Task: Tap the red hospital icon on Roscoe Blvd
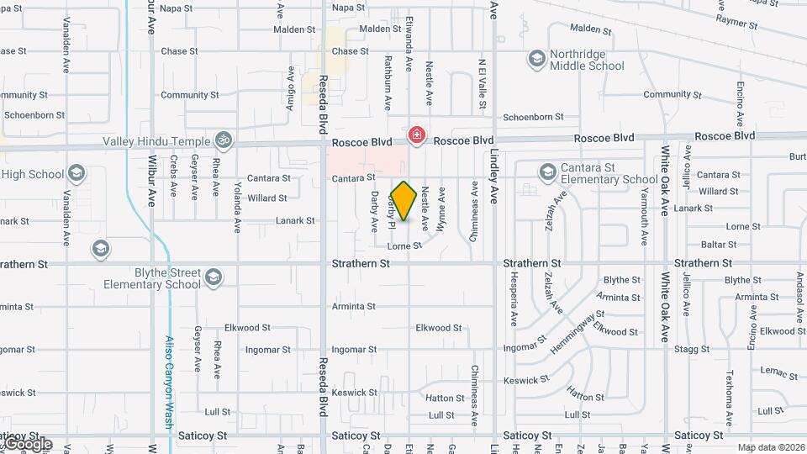(415, 135)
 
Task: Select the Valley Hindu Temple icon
(224, 139)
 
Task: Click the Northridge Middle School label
(587, 60)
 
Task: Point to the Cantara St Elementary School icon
(547, 172)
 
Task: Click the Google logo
(27, 444)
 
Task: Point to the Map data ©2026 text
(770, 447)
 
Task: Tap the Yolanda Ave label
(237, 206)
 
